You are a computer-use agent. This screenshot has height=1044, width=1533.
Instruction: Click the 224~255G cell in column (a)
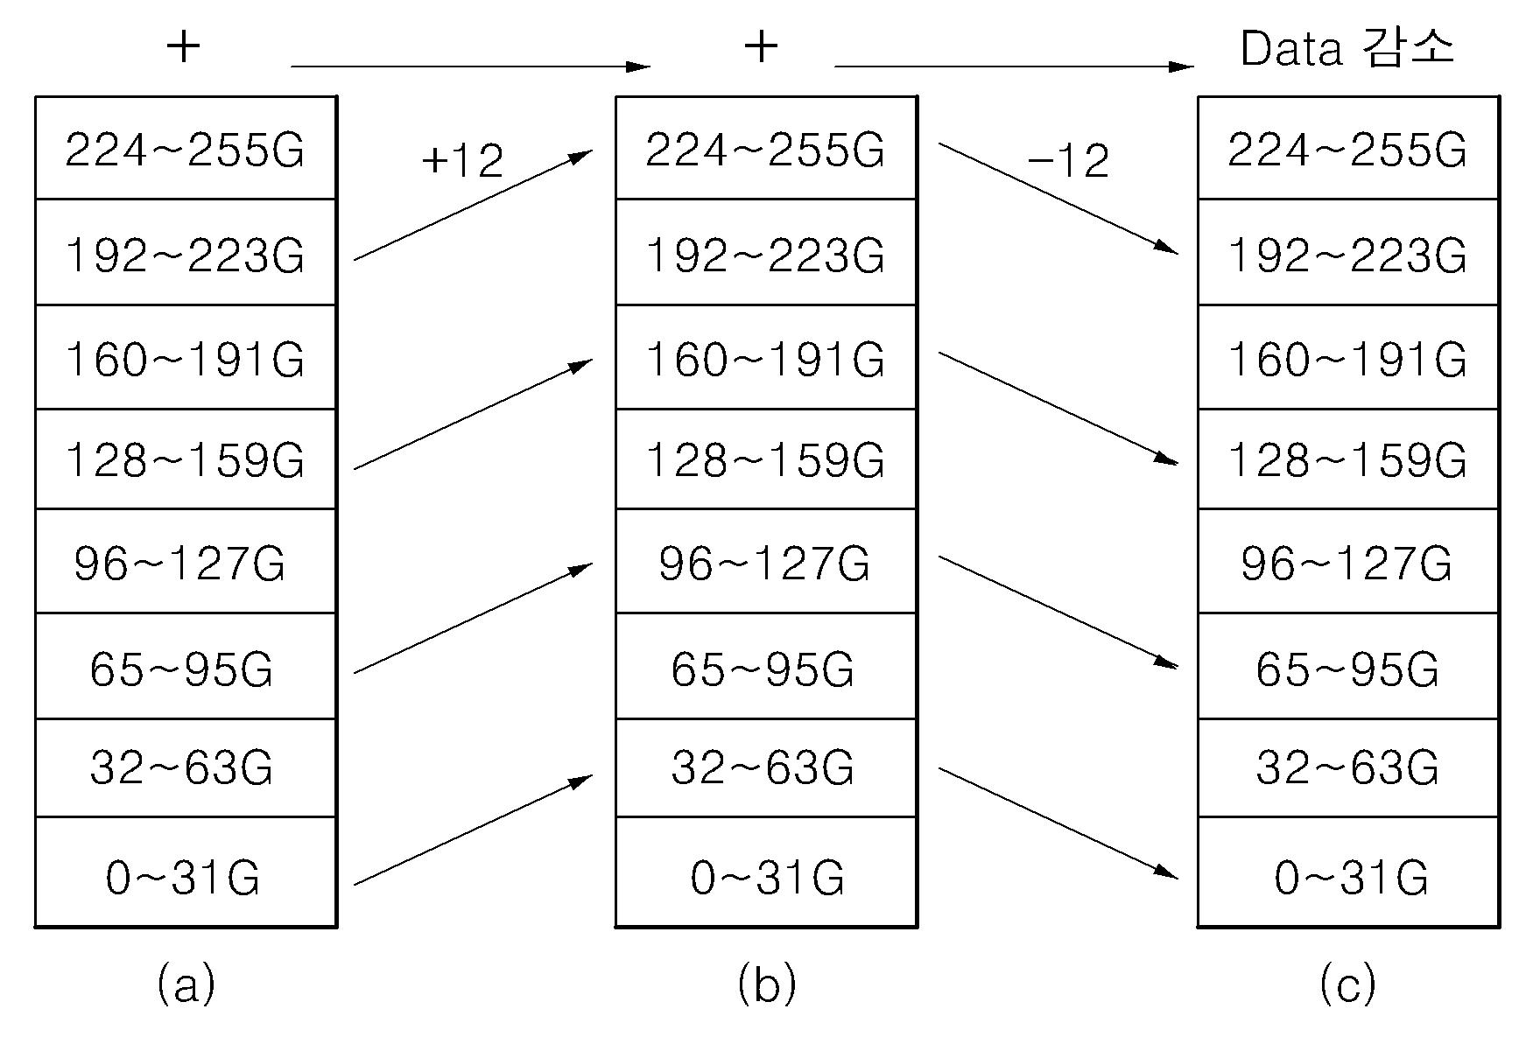pos(186,148)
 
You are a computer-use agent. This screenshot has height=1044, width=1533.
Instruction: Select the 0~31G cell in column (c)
pos(1348,872)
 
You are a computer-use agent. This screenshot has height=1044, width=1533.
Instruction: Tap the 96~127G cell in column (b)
pos(766,561)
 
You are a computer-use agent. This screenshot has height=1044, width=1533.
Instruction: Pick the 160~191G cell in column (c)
pos(1348,357)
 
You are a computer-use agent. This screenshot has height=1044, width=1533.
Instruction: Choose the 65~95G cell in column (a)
pos(186,666)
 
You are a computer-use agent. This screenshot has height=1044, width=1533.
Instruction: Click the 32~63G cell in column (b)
pos(766,768)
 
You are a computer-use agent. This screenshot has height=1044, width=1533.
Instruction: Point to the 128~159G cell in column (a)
pos(186,459)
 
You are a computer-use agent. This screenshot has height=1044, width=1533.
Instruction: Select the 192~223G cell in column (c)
pos(1348,252)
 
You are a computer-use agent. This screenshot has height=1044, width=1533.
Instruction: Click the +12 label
pos(462,160)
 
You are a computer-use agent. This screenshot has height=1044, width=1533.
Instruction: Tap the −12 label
pos(1068,160)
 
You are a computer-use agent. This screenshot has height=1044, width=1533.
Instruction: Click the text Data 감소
pos(1347,48)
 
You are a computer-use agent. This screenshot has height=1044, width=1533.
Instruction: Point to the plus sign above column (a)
pos(183,46)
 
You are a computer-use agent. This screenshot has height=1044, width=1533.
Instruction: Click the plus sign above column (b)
pos(761,46)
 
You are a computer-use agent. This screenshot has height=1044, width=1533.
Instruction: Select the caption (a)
pos(186,984)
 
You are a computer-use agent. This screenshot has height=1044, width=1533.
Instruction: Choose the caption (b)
pos(767,984)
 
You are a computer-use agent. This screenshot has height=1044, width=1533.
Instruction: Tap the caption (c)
pos(1347,984)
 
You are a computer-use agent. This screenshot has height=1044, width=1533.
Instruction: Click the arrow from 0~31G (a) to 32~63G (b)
pos(474,830)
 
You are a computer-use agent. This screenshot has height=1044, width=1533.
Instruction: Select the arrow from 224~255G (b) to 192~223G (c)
pos(1058,199)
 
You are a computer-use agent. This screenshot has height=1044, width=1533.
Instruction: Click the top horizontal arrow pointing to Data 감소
pos(1014,66)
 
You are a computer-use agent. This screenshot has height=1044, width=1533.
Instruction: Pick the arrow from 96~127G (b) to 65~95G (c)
pos(1058,612)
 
